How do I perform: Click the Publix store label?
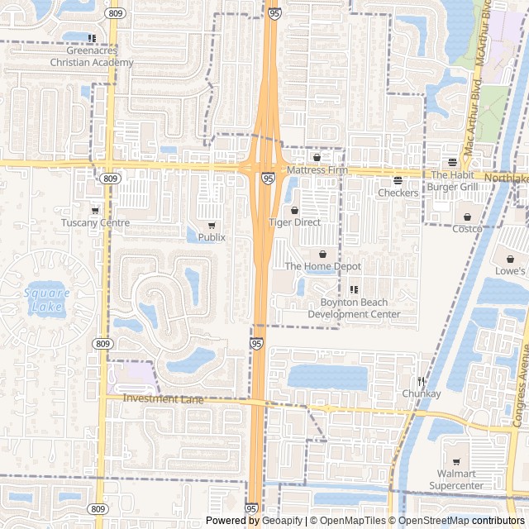coord(212,237)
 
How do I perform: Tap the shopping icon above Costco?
coord(467,217)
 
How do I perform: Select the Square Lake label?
coord(46,300)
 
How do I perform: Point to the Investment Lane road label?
coord(164,398)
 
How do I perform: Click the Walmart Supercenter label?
coord(456,479)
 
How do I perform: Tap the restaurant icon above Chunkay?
coord(422,381)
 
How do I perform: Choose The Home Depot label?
coord(323,266)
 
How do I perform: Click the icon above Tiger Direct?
coord(295,211)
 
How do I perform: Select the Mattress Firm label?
coord(317,169)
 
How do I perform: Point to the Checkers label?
coord(398,193)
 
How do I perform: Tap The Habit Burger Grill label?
coord(452,180)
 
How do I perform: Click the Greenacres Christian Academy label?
coord(91,56)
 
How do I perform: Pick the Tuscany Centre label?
coord(95,222)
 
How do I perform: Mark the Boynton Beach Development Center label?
coord(354,308)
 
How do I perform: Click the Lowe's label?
coord(510,270)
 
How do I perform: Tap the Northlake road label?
coord(506,178)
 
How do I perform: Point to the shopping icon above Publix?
coord(212,226)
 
